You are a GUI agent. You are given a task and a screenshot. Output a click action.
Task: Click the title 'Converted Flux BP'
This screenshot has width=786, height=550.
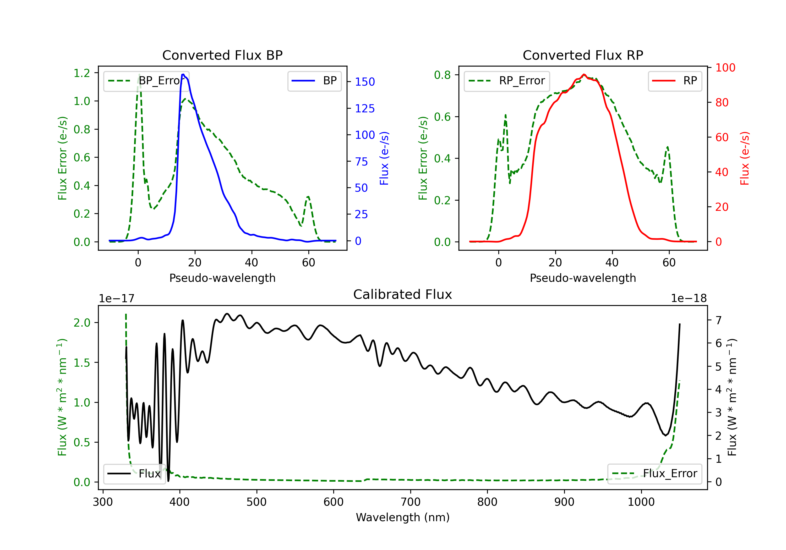point(222,55)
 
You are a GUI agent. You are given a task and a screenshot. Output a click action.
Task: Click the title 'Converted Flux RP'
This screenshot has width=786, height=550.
point(583,55)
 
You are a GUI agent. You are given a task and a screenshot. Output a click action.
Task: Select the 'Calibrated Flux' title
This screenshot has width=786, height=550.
point(403,294)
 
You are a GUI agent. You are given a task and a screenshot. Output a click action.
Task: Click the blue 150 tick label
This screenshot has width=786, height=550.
point(365,82)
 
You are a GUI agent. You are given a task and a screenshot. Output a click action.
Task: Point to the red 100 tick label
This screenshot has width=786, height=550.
point(725,68)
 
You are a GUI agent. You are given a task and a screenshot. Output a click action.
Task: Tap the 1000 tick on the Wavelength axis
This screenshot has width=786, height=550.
point(641,502)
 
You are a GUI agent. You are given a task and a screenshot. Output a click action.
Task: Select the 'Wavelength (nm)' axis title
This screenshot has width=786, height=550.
point(403,517)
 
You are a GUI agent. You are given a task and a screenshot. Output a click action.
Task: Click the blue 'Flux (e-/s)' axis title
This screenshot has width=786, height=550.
point(384,158)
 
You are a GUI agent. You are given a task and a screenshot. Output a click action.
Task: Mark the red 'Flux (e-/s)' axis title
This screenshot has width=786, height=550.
point(745,158)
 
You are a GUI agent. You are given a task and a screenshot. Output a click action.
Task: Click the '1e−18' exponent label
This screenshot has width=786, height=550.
point(689,299)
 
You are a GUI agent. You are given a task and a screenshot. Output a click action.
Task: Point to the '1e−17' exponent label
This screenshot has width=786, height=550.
point(117,299)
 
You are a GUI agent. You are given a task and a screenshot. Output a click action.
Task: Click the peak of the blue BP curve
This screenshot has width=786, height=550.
point(183,74)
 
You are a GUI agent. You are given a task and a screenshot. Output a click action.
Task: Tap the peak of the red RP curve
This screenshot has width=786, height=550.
point(584,75)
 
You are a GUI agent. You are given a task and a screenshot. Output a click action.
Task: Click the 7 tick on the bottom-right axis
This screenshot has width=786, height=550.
point(719,320)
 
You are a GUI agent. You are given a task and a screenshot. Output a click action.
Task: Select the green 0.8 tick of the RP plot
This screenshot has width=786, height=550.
point(442,75)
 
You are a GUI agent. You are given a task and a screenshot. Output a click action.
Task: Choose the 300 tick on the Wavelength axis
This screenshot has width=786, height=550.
point(103,502)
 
